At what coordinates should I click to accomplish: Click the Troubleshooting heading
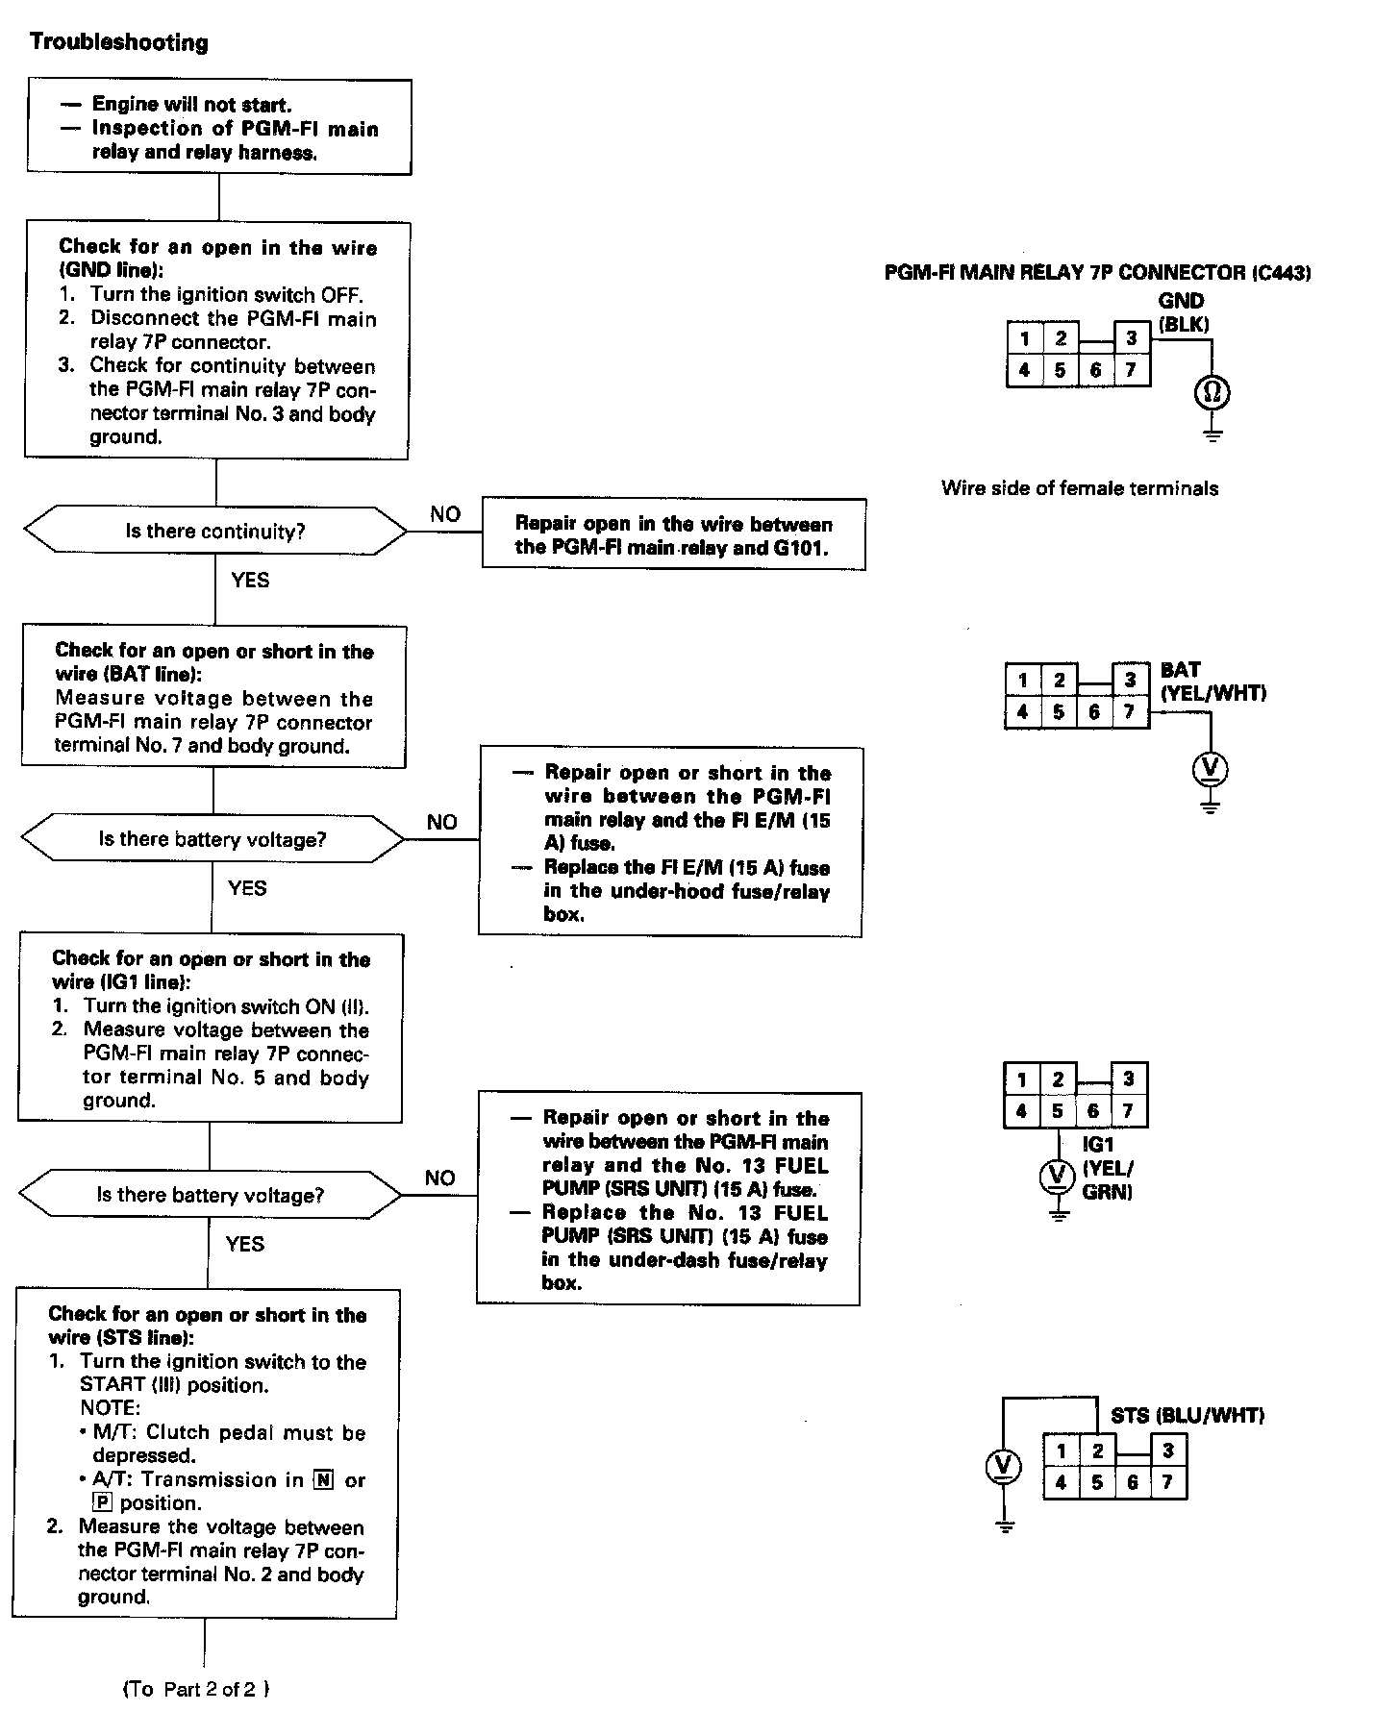point(119,42)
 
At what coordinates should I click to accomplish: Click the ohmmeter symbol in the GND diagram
point(1212,392)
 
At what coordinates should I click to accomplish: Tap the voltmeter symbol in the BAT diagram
point(1210,767)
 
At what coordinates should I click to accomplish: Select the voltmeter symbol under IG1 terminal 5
point(1058,1175)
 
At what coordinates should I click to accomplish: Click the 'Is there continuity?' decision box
point(215,531)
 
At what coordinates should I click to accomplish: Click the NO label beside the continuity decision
point(445,514)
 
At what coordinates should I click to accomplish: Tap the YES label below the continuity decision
point(250,580)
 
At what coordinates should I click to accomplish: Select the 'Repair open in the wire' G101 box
point(673,534)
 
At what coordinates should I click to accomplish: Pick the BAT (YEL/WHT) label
point(1212,682)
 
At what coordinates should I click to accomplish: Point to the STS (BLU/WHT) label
point(1187,1415)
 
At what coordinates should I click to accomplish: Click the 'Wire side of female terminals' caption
point(1080,488)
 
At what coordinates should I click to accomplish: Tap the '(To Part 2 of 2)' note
point(196,1689)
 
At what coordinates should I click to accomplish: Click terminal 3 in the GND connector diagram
point(1132,338)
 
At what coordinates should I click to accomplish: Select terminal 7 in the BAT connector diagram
point(1129,712)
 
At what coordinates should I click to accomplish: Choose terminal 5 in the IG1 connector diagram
point(1058,1111)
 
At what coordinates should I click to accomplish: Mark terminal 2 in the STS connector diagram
point(1098,1451)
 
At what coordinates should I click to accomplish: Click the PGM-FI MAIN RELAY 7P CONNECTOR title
point(1097,273)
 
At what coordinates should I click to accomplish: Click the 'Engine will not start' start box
point(219,127)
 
